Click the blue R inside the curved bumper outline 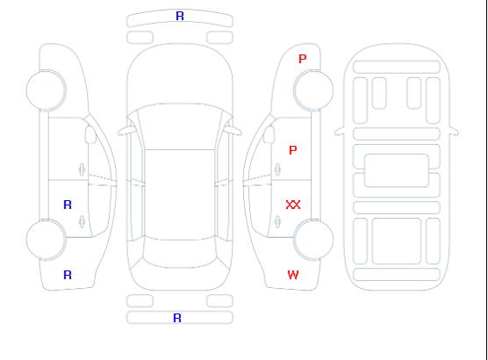[x=180, y=16]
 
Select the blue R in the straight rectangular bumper [x=177, y=318]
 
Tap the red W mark [x=293, y=275]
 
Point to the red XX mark [x=293, y=205]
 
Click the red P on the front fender [x=303, y=59]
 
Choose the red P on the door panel [x=293, y=150]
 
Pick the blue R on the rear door [x=68, y=205]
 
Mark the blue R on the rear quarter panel [x=68, y=275]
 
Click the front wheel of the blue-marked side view [x=46, y=90]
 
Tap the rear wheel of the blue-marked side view [x=46, y=240]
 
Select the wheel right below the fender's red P [x=313, y=90]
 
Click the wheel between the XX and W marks [x=313, y=240]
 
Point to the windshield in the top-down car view [x=180, y=126]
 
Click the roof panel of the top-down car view [x=180, y=195]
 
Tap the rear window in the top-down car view [x=180, y=252]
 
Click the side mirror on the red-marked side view [x=269, y=134]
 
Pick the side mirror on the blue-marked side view [x=90, y=134]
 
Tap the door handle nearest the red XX [x=277, y=221]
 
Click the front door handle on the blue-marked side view [x=83, y=169]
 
